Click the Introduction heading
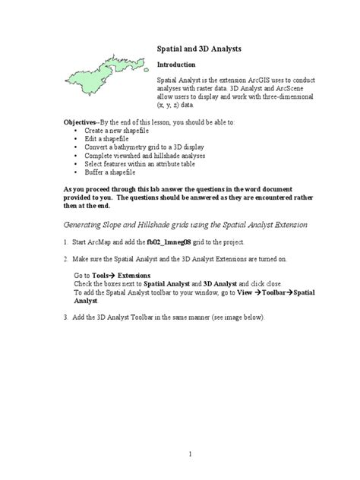point(176,65)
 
